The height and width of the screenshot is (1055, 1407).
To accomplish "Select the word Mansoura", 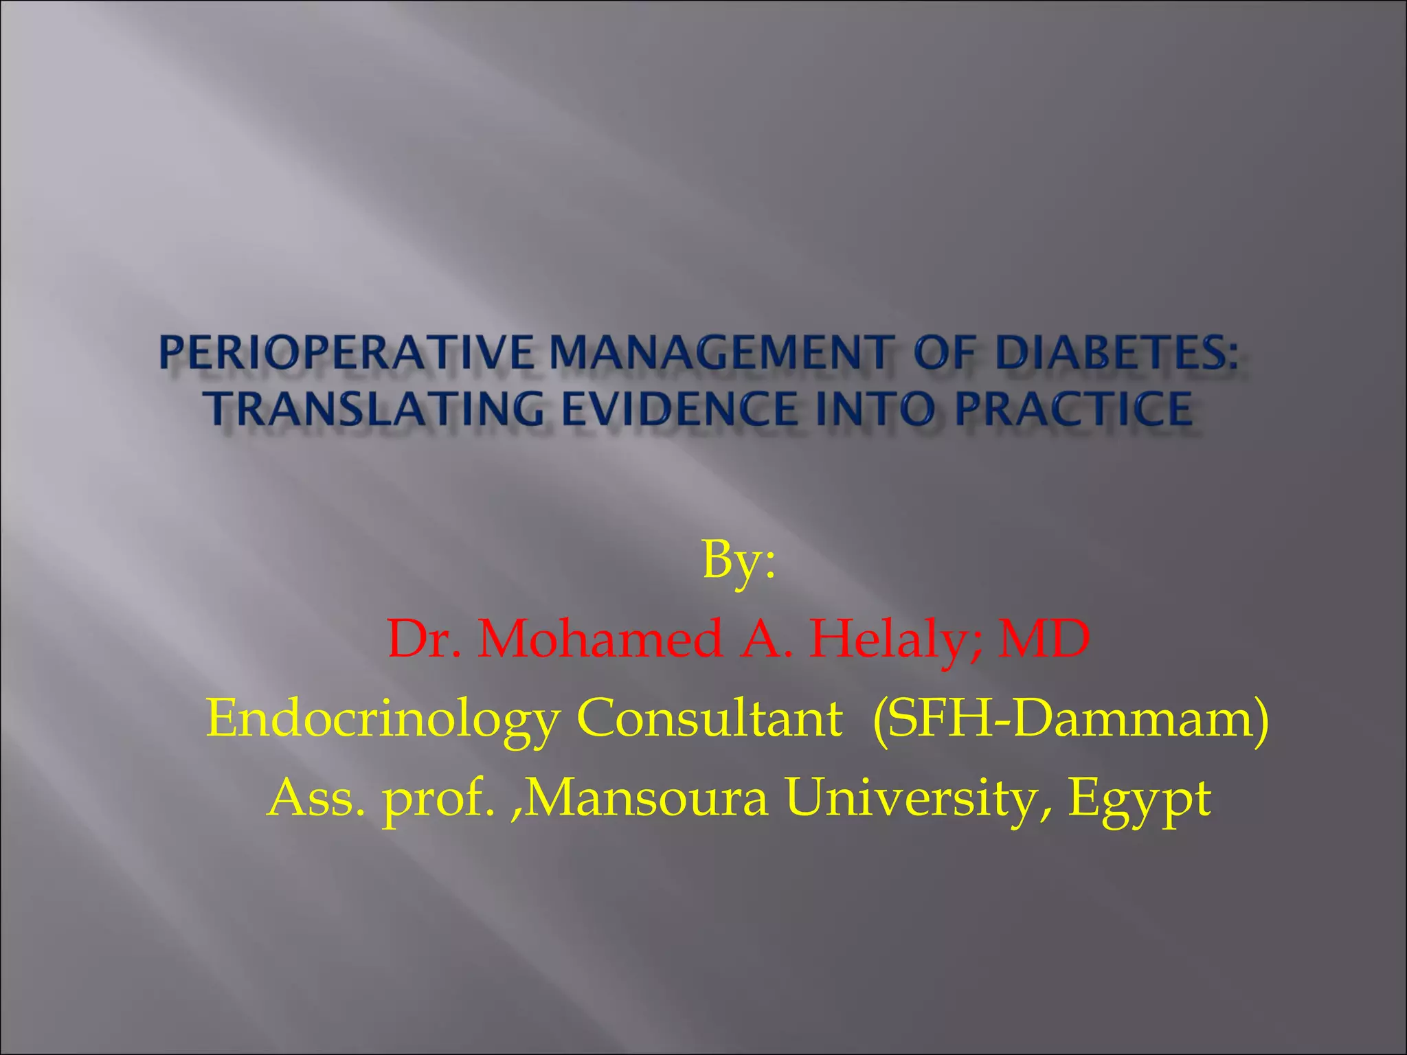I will point(646,798).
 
